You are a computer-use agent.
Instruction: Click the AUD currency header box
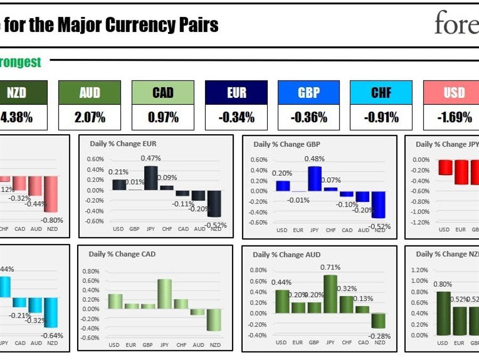[89, 93]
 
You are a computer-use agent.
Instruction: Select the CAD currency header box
[163, 93]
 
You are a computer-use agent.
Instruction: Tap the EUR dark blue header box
[236, 93]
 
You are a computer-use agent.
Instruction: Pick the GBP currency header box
[309, 93]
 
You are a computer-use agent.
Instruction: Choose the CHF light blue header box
[381, 93]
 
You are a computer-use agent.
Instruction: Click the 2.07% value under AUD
[89, 118]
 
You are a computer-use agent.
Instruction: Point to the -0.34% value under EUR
[236, 118]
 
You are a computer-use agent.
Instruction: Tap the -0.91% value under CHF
[381, 118]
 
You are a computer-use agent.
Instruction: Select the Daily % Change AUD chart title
[287, 255]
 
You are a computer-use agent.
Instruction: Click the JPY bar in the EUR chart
[151, 178]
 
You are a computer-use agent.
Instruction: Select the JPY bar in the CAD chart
[164, 294]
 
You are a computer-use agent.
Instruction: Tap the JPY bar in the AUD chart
[330, 294]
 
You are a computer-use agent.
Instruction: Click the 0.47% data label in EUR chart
[151, 158]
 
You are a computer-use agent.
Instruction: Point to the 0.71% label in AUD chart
[331, 267]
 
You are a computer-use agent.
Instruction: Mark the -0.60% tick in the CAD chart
[90, 338]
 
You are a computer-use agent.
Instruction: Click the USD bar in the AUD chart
[282, 301]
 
